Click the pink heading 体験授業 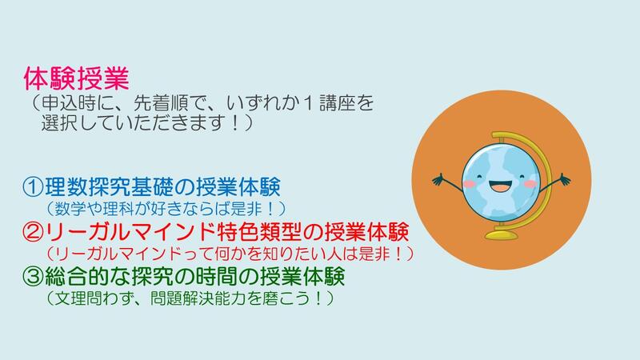(76, 78)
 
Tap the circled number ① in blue (33, 187)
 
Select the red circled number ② (33, 232)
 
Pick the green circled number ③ (33, 276)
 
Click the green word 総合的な (88, 276)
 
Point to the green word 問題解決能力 (198, 298)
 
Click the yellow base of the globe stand (502, 234)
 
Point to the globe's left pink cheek (469, 184)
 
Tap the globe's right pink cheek (530, 184)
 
